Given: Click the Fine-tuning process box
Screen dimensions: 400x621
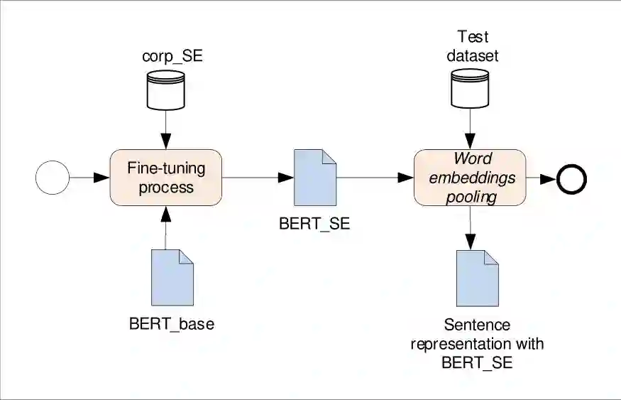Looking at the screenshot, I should (165, 178).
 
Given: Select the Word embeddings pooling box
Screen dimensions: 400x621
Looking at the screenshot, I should (469, 178).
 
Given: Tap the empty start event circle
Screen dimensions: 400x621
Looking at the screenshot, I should (53, 178).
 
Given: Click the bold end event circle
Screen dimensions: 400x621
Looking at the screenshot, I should (572, 178).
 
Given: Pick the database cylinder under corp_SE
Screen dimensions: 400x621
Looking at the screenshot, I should (165, 91).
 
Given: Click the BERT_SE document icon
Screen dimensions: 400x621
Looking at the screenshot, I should (314, 178).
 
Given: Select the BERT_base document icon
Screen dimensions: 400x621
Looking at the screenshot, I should (172, 277).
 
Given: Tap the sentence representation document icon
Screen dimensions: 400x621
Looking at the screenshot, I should (476, 278).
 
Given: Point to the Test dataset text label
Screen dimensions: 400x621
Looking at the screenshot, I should (473, 45).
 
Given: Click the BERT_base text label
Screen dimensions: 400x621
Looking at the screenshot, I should (172, 324).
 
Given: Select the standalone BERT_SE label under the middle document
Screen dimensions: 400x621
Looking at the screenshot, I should (314, 225).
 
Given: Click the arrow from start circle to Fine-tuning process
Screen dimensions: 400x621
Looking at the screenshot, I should (89, 178).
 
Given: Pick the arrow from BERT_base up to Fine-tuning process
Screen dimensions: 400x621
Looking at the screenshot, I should (165, 227).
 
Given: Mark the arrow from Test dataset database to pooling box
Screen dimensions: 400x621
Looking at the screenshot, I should (469, 129).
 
